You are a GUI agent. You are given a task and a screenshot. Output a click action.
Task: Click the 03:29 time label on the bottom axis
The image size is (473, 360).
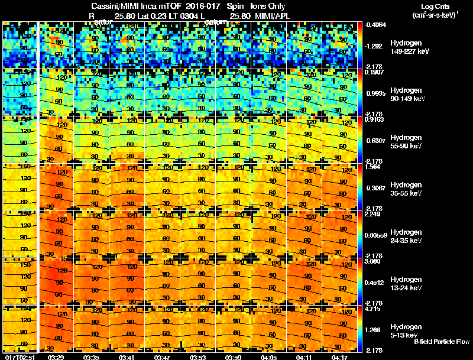pyautogui.click(x=56, y=357)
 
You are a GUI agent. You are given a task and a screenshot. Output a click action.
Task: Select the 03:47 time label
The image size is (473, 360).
pyautogui.click(x=162, y=357)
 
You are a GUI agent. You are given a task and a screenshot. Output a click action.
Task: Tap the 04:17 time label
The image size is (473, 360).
pyautogui.click(x=339, y=357)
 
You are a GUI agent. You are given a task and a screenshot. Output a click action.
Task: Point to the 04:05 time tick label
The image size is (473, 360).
pyautogui.click(x=268, y=357)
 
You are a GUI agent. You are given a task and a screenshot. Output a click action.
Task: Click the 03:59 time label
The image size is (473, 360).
pyautogui.click(x=232, y=357)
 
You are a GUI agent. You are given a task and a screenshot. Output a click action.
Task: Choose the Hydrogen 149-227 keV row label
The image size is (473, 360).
pyautogui.click(x=406, y=48)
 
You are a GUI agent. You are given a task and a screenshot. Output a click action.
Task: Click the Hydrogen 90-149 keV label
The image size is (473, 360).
pyautogui.click(x=406, y=95)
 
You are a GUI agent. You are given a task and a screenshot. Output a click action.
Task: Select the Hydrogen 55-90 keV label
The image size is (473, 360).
pyautogui.click(x=406, y=142)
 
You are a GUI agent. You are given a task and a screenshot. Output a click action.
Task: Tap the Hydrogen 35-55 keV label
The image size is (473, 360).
pyautogui.click(x=406, y=189)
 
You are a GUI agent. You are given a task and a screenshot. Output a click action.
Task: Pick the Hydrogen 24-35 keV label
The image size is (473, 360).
pyautogui.click(x=406, y=236)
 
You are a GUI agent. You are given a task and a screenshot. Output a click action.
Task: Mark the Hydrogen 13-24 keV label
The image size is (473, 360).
pyautogui.click(x=406, y=284)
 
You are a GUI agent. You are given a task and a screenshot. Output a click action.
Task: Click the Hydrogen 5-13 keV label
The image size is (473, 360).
pyautogui.click(x=406, y=330)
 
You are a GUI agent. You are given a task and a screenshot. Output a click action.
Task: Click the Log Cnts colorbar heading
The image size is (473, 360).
pyautogui.click(x=437, y=6)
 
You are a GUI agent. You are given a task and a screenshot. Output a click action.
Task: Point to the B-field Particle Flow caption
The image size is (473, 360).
pyautogui.click(x=441, y=342)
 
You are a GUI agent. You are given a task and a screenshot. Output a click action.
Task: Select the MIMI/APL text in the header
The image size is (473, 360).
pyautogui.click(x=273, y=16)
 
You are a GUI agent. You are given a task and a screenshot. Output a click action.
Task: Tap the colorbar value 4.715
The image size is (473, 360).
pyautogui.click(x=373, y=309)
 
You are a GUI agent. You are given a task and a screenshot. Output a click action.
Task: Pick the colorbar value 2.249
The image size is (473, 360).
pyautogui.click(x=372, y=215)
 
